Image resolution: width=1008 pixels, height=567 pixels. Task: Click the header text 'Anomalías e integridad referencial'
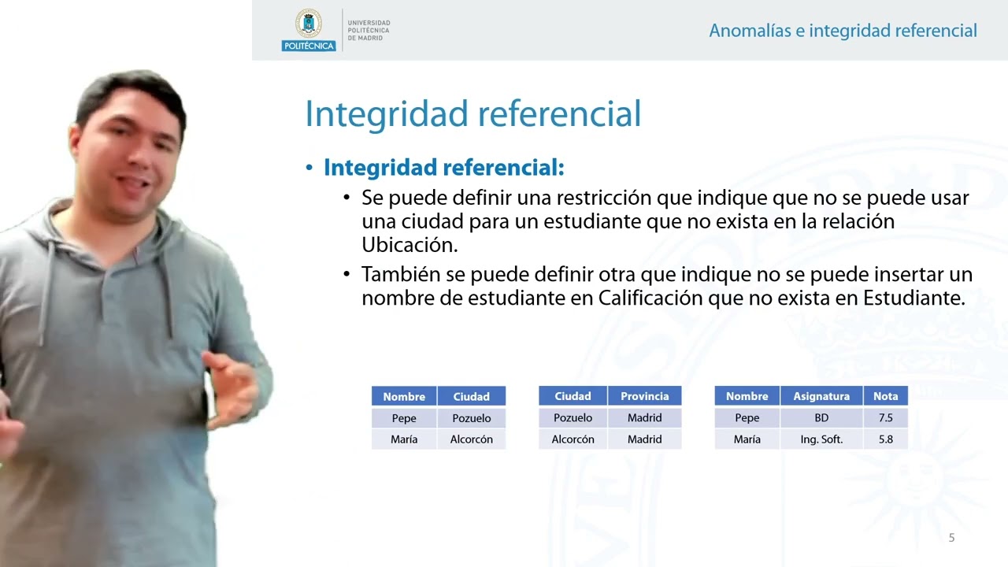(843, 31)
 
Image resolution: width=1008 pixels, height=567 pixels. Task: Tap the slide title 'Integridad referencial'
(472, 113)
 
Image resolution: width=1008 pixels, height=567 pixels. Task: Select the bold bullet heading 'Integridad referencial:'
(443, 168)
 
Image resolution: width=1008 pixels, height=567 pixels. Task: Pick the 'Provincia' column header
(644, 396)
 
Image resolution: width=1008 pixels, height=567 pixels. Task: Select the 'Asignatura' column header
(821, 396)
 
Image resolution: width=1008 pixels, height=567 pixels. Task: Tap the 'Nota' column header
(885, 396)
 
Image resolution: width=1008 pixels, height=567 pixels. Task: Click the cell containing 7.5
(885, 418)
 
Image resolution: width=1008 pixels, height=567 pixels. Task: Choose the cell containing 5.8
(885, 439)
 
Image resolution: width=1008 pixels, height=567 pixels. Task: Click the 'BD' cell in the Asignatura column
(821, 418)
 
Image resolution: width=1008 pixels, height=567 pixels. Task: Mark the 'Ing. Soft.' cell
(821, 439)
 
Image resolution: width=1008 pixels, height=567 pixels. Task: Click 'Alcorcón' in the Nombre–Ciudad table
(471, 439)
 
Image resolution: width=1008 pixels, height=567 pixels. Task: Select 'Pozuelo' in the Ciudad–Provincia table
(573, 418)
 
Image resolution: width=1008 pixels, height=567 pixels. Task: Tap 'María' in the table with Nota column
(747, 439)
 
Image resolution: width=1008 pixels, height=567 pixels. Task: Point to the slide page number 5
(951, 538)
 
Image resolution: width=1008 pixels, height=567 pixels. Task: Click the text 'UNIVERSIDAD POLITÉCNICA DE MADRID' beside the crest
(369, 31)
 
